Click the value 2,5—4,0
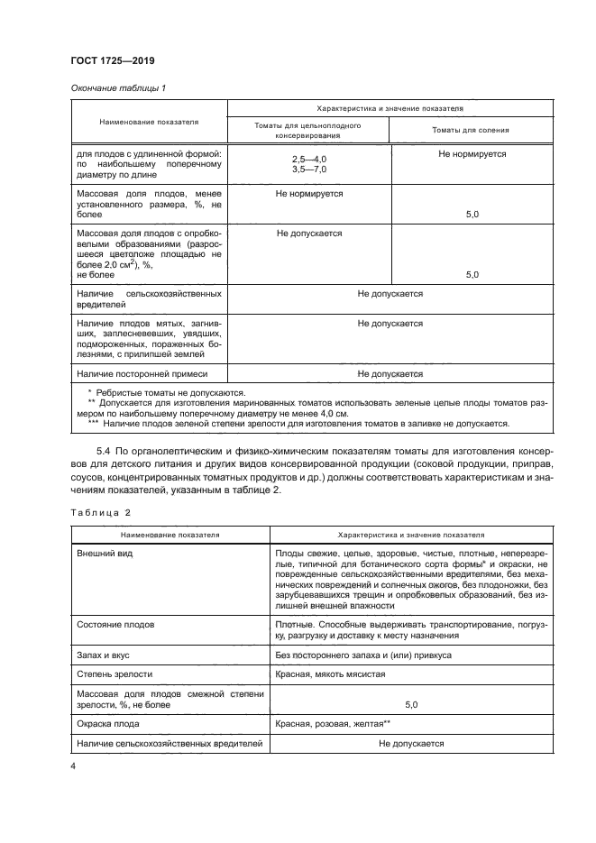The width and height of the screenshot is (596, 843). coord(309,159)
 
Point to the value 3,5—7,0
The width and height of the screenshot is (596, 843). coord(309,169)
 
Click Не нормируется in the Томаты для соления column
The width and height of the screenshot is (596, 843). coord(472,154)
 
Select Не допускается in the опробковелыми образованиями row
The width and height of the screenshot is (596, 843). coord(309,233)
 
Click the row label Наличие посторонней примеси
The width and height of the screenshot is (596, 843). coord(142,372)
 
